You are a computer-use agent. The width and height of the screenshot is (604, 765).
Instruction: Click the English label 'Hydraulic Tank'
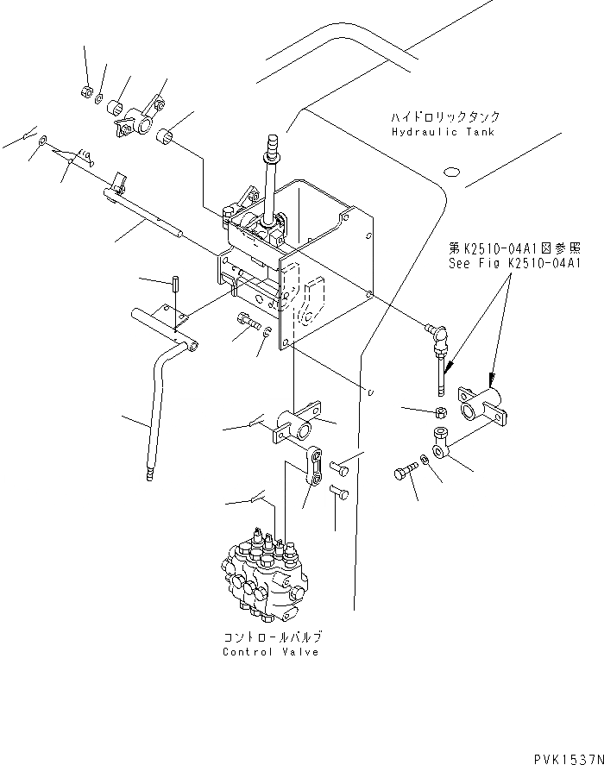(x=442, y=132)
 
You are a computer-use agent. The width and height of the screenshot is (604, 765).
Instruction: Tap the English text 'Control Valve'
(x=270, y=652)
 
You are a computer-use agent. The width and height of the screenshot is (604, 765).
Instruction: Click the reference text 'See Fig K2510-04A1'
(x=514, y=264)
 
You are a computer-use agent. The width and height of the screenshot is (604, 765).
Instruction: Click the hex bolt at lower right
(x=404, y=473)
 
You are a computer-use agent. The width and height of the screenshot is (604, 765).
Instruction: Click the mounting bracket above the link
(x=296, y=424)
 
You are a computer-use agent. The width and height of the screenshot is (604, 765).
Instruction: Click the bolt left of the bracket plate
(x=247, y=322)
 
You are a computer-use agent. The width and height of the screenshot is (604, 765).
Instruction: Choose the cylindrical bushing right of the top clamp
(x=169, y=136)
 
